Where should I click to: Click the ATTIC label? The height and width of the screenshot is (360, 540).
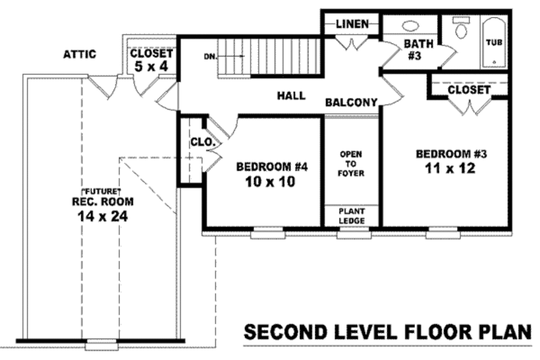80,54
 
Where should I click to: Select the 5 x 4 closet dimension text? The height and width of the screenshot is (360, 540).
151,66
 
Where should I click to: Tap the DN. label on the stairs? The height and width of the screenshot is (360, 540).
210,56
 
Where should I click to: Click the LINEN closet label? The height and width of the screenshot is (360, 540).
352,24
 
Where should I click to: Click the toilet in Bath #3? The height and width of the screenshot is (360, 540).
462,31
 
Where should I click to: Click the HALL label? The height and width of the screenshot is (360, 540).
291,96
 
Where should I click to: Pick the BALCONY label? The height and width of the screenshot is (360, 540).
350,103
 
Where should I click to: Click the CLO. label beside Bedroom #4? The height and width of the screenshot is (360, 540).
202,143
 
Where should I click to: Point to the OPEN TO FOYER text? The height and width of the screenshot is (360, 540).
351,163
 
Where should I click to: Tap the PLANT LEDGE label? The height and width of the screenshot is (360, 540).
351,215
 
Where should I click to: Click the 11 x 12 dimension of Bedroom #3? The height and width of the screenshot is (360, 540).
452,168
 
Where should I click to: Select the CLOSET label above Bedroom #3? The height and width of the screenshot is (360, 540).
468,88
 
